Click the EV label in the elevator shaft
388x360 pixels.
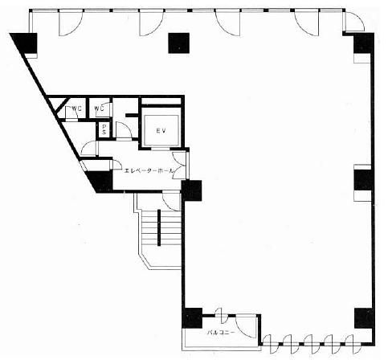tap(161, 131)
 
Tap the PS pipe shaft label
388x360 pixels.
tap(104, 129)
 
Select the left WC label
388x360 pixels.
tap(76, 108)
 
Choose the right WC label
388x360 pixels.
tap(99, 108)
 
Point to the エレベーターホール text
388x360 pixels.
tap(149, 170)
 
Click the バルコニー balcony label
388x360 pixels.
tap(222, 333)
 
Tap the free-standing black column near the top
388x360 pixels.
tap(179, 43)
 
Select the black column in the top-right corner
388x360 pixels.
tap(364, 43)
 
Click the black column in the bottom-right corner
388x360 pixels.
tap(364, 318)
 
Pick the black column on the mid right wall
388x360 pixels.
tap(363, 180)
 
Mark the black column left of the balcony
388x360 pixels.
tap(192, 318)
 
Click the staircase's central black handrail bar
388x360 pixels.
tap(159, 227)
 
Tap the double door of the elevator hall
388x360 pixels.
tap(179, 166)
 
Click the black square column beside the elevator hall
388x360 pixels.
tap(191, 190)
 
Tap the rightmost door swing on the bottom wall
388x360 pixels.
tap(350, 344)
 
